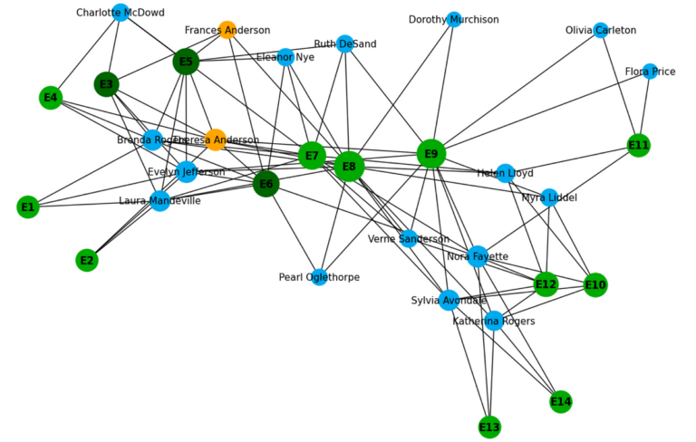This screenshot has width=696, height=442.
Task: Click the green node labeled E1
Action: click(x=28, y=207)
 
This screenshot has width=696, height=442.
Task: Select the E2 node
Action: click(x=86, y=261)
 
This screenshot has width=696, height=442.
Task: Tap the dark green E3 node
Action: click(x=107, y=84)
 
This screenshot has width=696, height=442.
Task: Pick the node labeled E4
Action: click(x=51, y=97)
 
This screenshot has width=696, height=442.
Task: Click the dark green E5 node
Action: click(x=186, y=62)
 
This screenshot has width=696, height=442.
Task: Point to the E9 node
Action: click(x=431, y=154)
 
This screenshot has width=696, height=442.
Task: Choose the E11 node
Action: click(x=639, y=145)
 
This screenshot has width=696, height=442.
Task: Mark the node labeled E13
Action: click(x=489, y=427)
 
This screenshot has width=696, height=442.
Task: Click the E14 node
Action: click(x=561, y=401)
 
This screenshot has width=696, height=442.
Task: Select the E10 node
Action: click(x=595, y=285)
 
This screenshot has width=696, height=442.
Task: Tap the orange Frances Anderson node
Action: click(x=227, y=30)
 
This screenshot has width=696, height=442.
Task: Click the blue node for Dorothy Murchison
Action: click(x=454, y=19)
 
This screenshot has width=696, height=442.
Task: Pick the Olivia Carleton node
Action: click(x=600, y=30)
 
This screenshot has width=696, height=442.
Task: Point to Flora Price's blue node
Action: click(x=650, y=72)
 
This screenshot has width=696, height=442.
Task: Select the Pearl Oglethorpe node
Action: click(x=320, y=277)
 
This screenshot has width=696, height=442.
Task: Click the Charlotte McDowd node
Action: click(x=121, y=12)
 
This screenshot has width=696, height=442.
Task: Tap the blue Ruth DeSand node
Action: click(x=344, y=43)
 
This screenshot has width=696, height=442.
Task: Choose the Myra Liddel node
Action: click(x=549, y=197)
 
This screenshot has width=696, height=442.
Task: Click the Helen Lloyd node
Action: click(x=506, y=173)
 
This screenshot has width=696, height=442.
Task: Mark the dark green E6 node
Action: click(x=266, y=184)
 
